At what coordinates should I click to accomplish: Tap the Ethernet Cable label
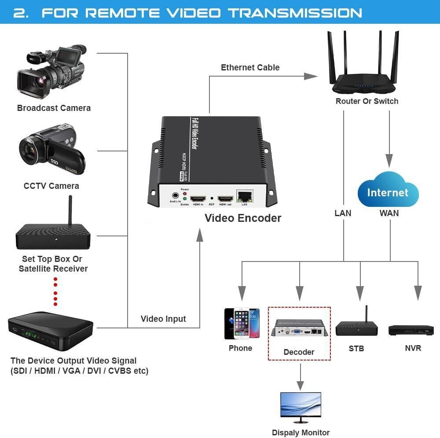click(x=250, y=67)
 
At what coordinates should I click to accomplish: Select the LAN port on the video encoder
click(x=244, y=196)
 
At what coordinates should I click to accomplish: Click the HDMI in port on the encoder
click(x=198, y=198)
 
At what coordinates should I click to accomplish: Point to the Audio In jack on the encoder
click(x=176, y=195)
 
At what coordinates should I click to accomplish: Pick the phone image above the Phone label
click(x=242, y=324)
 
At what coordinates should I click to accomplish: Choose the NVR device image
click(x=411, y=330)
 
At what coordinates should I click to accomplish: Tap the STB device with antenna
click(x=357, y=327)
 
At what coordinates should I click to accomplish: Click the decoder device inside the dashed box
click(x=299, y=328)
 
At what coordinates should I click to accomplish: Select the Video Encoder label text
click(x=243, y=218)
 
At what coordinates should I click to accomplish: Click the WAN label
click(x=389, y=213)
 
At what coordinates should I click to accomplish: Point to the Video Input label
click(x=163, y=319)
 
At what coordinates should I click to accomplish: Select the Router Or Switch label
click(x=367, y=101)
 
